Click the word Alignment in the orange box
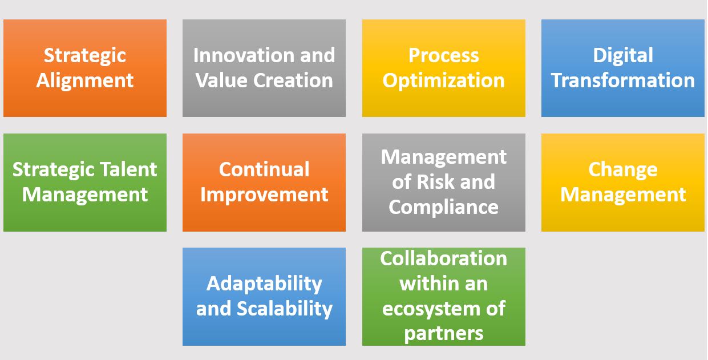(84, 81)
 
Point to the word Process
(443, 56)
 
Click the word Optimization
(443, 81)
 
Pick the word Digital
(622, 56)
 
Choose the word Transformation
(622, 80)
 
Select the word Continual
(264, 169)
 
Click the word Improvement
(264, 195)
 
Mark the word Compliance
(443, 207)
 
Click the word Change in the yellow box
(622, 170)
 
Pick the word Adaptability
(264, 284)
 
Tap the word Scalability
(285, 309)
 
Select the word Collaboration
(443, 258)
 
